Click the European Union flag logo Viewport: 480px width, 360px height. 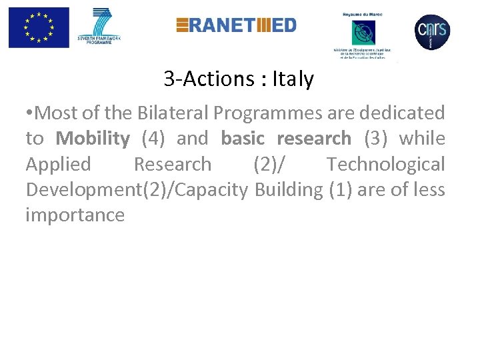(x=39, y=27)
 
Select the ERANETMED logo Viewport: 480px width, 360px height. (x=236, y=25)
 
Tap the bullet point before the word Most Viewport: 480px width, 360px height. (x=29, y=113)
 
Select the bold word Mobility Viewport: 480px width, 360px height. (x=93, y=138)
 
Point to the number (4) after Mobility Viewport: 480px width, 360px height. (x=155, y=138)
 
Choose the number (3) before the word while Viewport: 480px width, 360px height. (x=377, y=138)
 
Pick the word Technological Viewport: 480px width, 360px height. (x=385, y=164)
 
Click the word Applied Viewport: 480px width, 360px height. (x=58, y=164)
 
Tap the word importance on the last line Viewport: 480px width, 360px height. (x=75, y=215)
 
